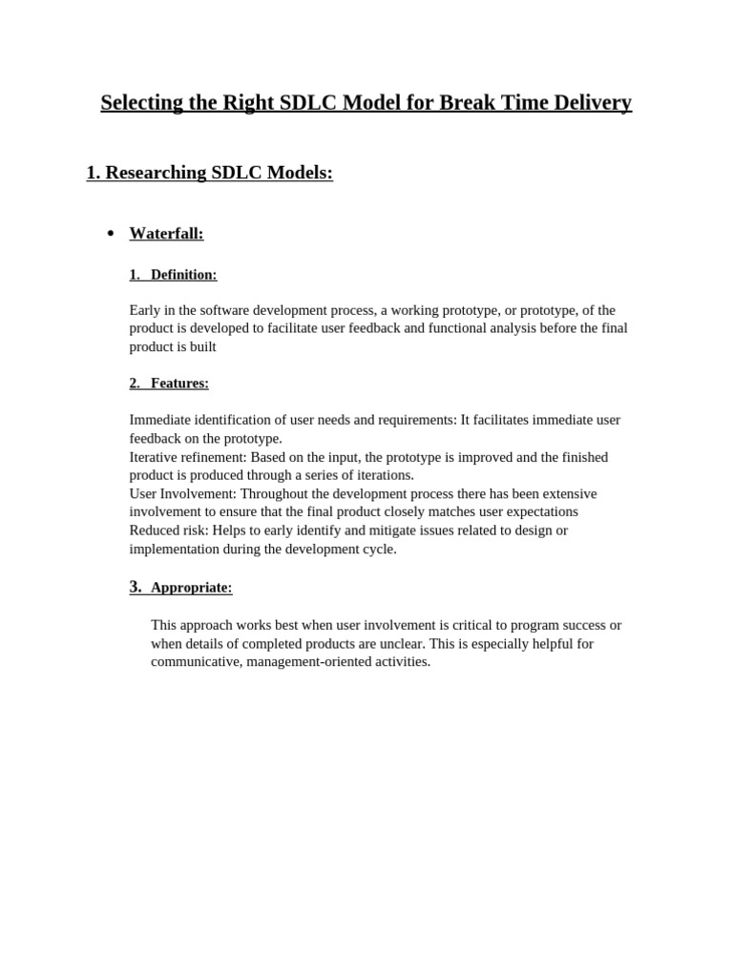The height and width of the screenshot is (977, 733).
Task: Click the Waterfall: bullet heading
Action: [x=166, y=234]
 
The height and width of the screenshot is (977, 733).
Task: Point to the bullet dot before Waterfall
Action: [x=111, y=235]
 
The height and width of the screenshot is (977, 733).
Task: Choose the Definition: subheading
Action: [x=183, y=275]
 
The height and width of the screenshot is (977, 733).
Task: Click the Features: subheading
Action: [x=179, y=384]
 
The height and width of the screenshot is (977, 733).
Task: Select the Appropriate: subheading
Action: [x=191, y=588]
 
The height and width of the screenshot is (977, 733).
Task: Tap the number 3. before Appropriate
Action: [x=136, y=587]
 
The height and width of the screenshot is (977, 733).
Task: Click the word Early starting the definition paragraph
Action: [x=146, y=310]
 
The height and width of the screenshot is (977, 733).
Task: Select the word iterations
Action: [x=382, y=475]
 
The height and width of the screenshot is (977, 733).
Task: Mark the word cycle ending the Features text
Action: [x=378, y=550]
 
